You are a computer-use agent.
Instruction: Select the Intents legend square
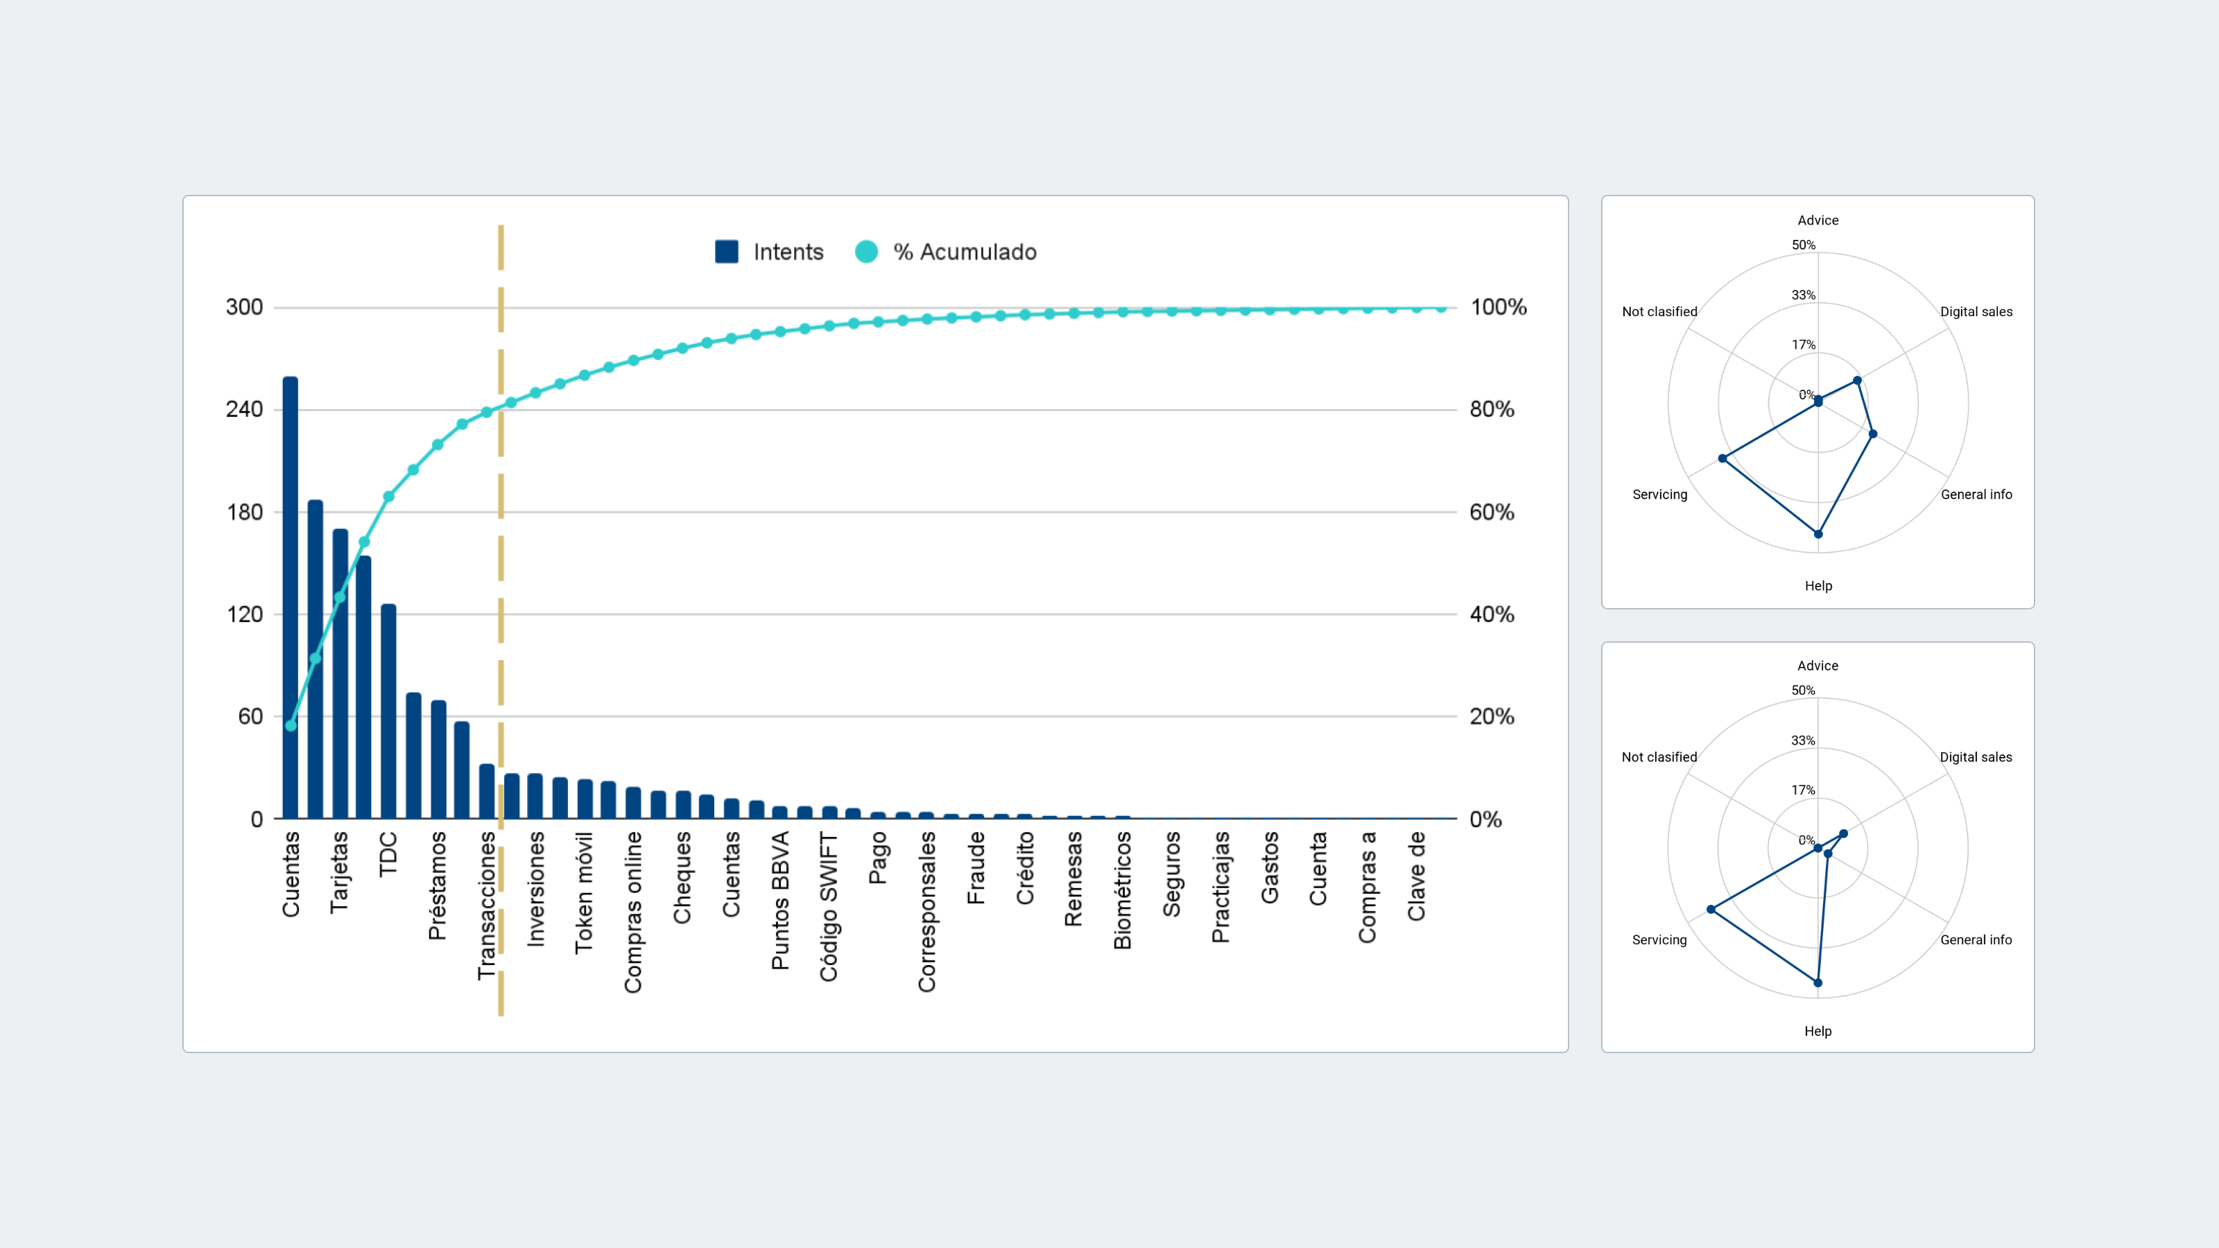726,252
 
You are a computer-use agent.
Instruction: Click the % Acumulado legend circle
865,252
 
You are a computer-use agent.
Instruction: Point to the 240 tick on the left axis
244,409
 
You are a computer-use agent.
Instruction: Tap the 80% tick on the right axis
1491,409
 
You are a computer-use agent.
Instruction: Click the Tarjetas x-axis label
339,872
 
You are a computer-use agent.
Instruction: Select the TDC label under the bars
388,853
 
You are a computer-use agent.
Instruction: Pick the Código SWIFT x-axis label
829,906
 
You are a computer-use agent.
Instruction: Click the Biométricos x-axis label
1123,890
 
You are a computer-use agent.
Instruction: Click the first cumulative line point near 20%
291,725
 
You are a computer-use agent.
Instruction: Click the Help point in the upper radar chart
1818,534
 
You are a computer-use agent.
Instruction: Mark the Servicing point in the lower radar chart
1711,910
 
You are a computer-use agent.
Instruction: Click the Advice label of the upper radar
1817,220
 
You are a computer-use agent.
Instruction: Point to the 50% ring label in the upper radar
1803,245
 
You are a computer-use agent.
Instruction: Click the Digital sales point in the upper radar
1857,380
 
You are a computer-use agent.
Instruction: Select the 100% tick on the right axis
1498,307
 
